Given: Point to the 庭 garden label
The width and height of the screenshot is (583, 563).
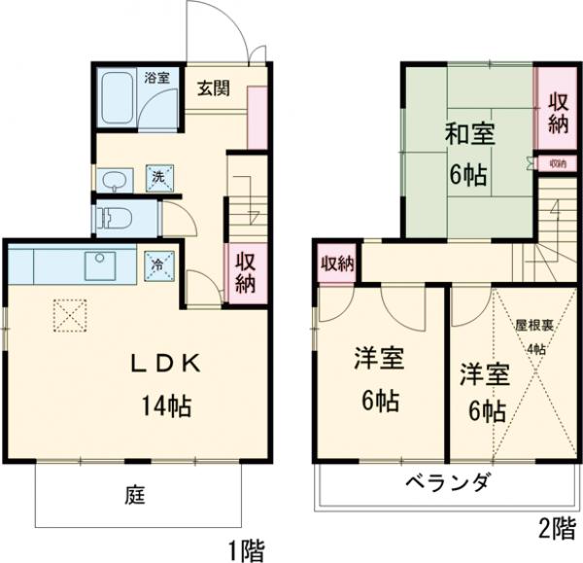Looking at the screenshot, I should [135, 495].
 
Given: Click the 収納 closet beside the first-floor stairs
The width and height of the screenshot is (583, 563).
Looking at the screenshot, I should [244, 270].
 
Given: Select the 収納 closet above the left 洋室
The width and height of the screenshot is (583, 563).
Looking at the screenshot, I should [337, 264].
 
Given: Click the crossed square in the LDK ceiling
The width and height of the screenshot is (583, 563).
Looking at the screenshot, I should [68, 313].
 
